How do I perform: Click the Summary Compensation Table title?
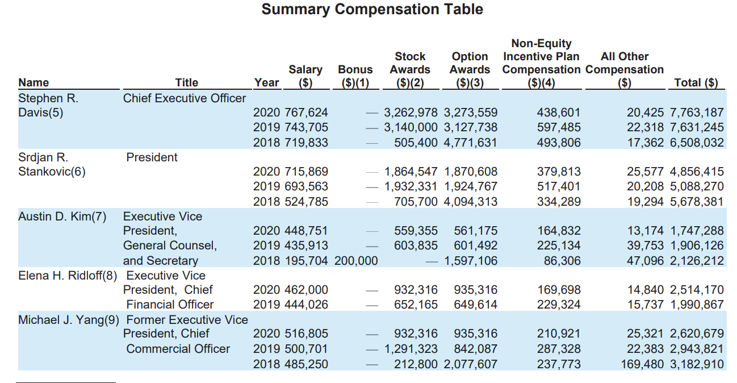(372, 9)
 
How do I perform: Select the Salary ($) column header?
(305, 76)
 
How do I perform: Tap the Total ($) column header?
(696, 82)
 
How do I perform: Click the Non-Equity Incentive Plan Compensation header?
(541, 63)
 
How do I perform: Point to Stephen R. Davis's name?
(48, 105)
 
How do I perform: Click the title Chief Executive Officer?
(185, 98)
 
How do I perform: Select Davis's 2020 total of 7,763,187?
(697, 113)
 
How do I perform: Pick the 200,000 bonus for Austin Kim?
(356, 261)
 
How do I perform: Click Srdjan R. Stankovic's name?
(52, 164)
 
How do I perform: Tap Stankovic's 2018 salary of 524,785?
(307, 201)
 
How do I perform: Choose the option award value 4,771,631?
(471, 142)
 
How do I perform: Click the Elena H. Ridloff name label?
(68, 276)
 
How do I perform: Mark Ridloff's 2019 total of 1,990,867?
(697, 305)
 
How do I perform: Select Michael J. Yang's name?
(68, 320)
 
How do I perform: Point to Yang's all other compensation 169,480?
(642, 364)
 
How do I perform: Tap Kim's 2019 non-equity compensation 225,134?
(559, 245)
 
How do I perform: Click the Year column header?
(266, 82)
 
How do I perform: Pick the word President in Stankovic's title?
(152, 157)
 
